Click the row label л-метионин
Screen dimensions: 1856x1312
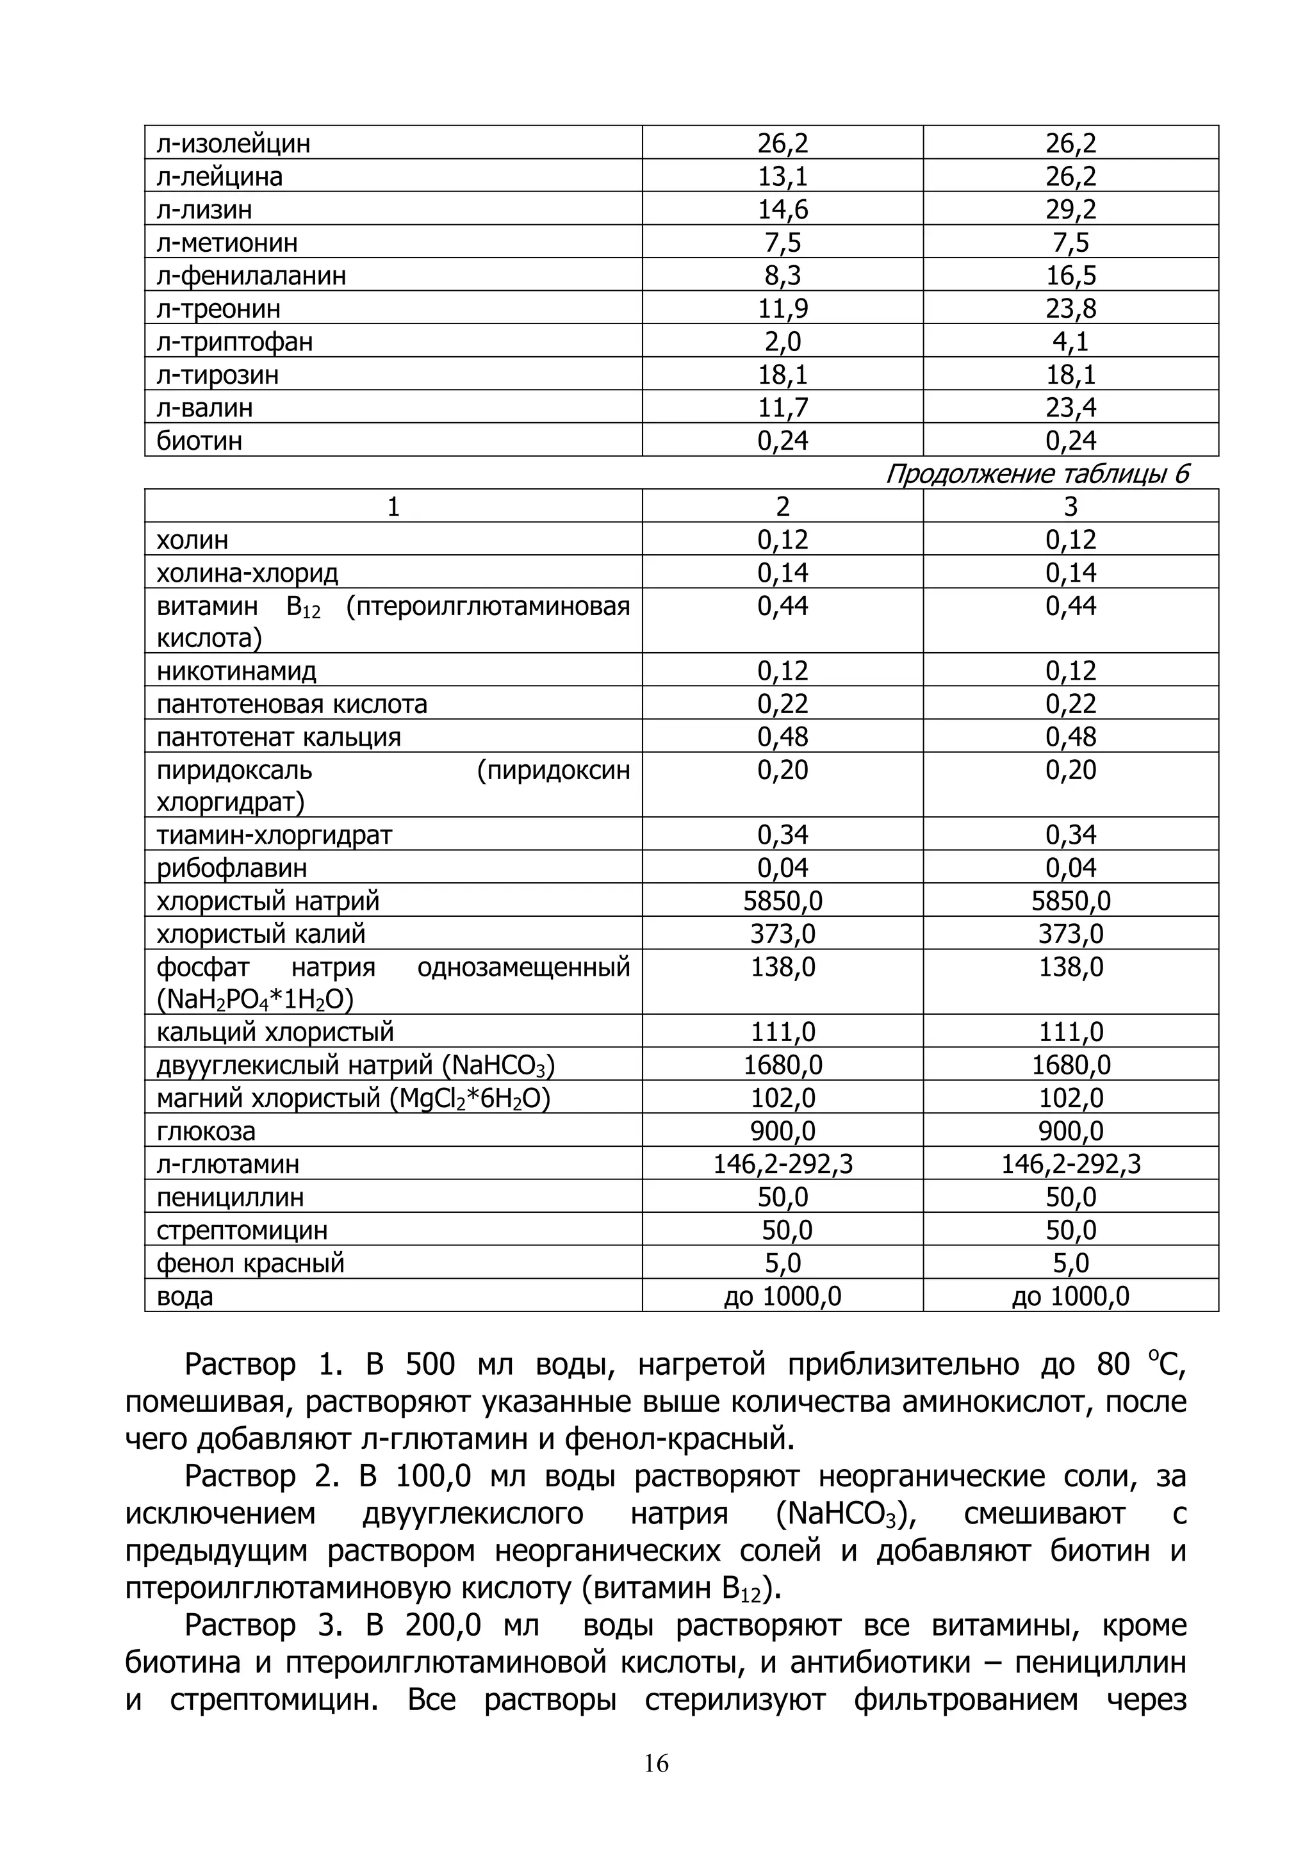click(x=227, y=243)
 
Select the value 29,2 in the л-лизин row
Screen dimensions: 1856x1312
click(x=1070, y=209)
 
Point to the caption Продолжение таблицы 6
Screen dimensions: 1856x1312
click(x=1037, y=473)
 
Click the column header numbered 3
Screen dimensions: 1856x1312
click(x=1070, y=507)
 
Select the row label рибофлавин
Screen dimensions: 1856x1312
click(x=232, y=868)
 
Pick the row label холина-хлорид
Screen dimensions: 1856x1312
click(x=247, y=573)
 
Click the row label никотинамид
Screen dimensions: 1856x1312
click(x=237, y=671)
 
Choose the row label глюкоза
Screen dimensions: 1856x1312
click(x=206, y=1131)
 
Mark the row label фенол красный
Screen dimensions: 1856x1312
click(x=250, y=1263)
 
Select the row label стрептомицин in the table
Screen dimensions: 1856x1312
click(x=243, y=1230)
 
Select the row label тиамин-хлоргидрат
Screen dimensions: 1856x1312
click(x=274, y=835)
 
